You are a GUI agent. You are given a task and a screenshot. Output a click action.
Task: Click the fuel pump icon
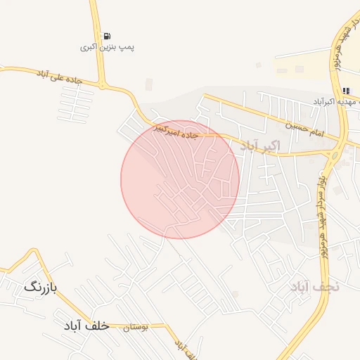[106, 36]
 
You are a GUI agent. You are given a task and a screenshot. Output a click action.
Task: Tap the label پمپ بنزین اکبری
[106, 48]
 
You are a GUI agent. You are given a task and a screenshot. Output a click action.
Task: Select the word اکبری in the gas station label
[87, 48]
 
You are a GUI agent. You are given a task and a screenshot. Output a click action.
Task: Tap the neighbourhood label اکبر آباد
[259, 146]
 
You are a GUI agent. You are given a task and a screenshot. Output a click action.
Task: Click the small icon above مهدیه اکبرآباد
[346, 91]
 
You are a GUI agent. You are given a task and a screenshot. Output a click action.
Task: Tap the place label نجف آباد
[314, 286]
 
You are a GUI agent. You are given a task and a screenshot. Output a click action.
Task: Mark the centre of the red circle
[180, 179]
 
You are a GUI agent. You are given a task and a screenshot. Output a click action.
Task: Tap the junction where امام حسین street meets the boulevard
[335, 150]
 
